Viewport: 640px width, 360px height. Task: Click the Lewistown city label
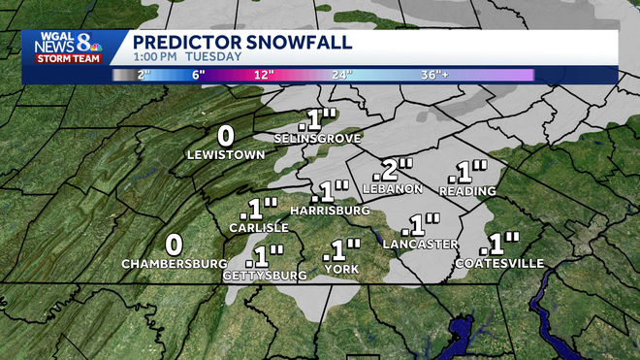click(x=226, y=153)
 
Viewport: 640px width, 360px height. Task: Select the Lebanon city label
click(x=392, y=187)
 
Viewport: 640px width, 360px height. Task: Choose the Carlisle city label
click(x=259, y=227)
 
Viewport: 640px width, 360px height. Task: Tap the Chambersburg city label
click(x=175, y=264)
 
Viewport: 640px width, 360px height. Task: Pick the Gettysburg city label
click(x=265, y=276)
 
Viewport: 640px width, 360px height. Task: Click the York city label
click(x=341, y=269)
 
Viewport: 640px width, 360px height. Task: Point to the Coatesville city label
click(x=500, y=263)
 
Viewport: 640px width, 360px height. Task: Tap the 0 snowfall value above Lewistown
click(x=226, y=135)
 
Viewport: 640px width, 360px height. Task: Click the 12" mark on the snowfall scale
click(x=263, y=75)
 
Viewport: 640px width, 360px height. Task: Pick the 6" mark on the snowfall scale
click(x=199, y=75)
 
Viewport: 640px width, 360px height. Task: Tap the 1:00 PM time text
click(x=153, y=57)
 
